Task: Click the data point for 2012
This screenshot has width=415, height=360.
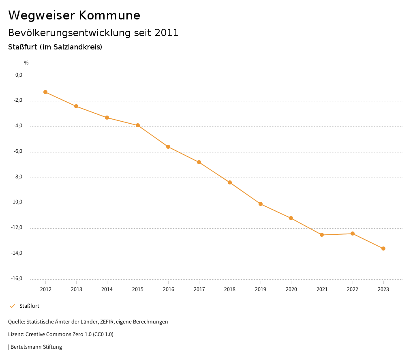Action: (45, 92)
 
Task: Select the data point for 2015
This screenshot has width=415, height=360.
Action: (138, 125)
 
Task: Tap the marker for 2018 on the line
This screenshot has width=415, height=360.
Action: (230, 182)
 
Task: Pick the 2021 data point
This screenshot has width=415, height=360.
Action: (322, 235)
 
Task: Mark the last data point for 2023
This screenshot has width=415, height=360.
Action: (383, 249)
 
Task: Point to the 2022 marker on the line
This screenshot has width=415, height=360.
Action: (353, 234)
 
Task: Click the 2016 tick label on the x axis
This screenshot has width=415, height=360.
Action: (169, 289)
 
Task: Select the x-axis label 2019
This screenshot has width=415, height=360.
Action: (261, 289)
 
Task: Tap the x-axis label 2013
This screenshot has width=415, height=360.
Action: (76, 289)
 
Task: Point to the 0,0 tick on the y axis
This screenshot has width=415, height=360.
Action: (19, 75)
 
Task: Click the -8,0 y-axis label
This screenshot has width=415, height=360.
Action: (18, 177)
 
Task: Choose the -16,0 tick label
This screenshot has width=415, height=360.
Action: (17, 279)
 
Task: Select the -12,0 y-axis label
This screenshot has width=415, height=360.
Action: (17, 227)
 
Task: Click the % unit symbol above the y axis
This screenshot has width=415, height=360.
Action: (26, 62)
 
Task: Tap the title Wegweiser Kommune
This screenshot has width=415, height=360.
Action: (74, 15)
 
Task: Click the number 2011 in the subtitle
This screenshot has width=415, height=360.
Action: (167, 33)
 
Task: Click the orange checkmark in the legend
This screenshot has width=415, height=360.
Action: (12, 306)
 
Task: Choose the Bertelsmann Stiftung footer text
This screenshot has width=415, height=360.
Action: (36, 347)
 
